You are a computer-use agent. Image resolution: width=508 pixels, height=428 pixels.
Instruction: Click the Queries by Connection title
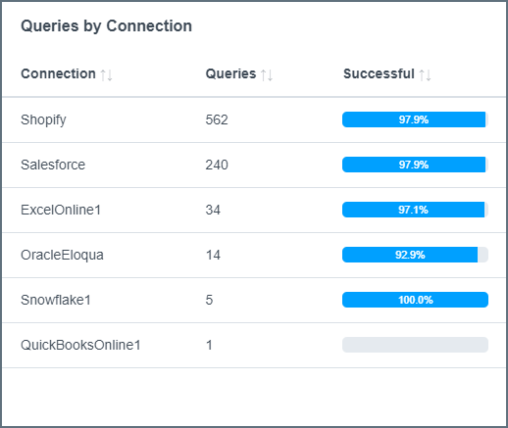click(x=106, y=26)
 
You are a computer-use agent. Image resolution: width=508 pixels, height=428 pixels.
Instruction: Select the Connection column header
click(x=58, y=73)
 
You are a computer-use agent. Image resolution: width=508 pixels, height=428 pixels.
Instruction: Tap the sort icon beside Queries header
click(x=267, y=74)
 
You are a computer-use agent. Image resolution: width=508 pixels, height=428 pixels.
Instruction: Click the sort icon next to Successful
click(x=425, y=74)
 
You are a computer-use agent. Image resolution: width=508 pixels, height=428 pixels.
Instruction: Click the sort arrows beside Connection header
click(x=107, y=74)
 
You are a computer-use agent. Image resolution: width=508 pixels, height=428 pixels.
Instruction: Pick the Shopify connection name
click(x=43, y=119)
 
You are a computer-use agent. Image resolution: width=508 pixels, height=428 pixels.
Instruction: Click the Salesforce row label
click(x=53, y=165)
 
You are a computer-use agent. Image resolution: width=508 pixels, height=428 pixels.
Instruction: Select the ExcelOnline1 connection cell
click(x=60, y=210)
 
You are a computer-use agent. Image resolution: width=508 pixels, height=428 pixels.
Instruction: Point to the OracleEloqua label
click(x=62, y=255)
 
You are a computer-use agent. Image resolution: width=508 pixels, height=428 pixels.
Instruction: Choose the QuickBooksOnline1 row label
click(x=80, y=345)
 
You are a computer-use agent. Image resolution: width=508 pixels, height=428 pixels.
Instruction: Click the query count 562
click(x=217, y=119)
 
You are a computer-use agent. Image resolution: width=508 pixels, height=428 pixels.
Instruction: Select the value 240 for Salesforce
click(x=217, y=165)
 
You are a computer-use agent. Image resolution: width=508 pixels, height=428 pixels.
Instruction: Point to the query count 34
click(x=213, y=210)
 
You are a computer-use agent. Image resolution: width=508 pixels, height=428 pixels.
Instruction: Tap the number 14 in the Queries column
click(x=213, y=255)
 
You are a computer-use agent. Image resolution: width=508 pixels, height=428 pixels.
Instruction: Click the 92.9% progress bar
click(x=415, y=255)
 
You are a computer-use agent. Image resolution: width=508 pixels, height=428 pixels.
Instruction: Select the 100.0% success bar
click(x=415, y=300)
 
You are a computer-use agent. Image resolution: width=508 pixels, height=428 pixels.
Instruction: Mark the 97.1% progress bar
click(x=415, y=210)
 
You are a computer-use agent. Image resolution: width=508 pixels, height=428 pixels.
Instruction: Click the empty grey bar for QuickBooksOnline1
click(x=415, y=345)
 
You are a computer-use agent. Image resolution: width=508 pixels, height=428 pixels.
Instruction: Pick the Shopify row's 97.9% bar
click(x=415, y=119)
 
